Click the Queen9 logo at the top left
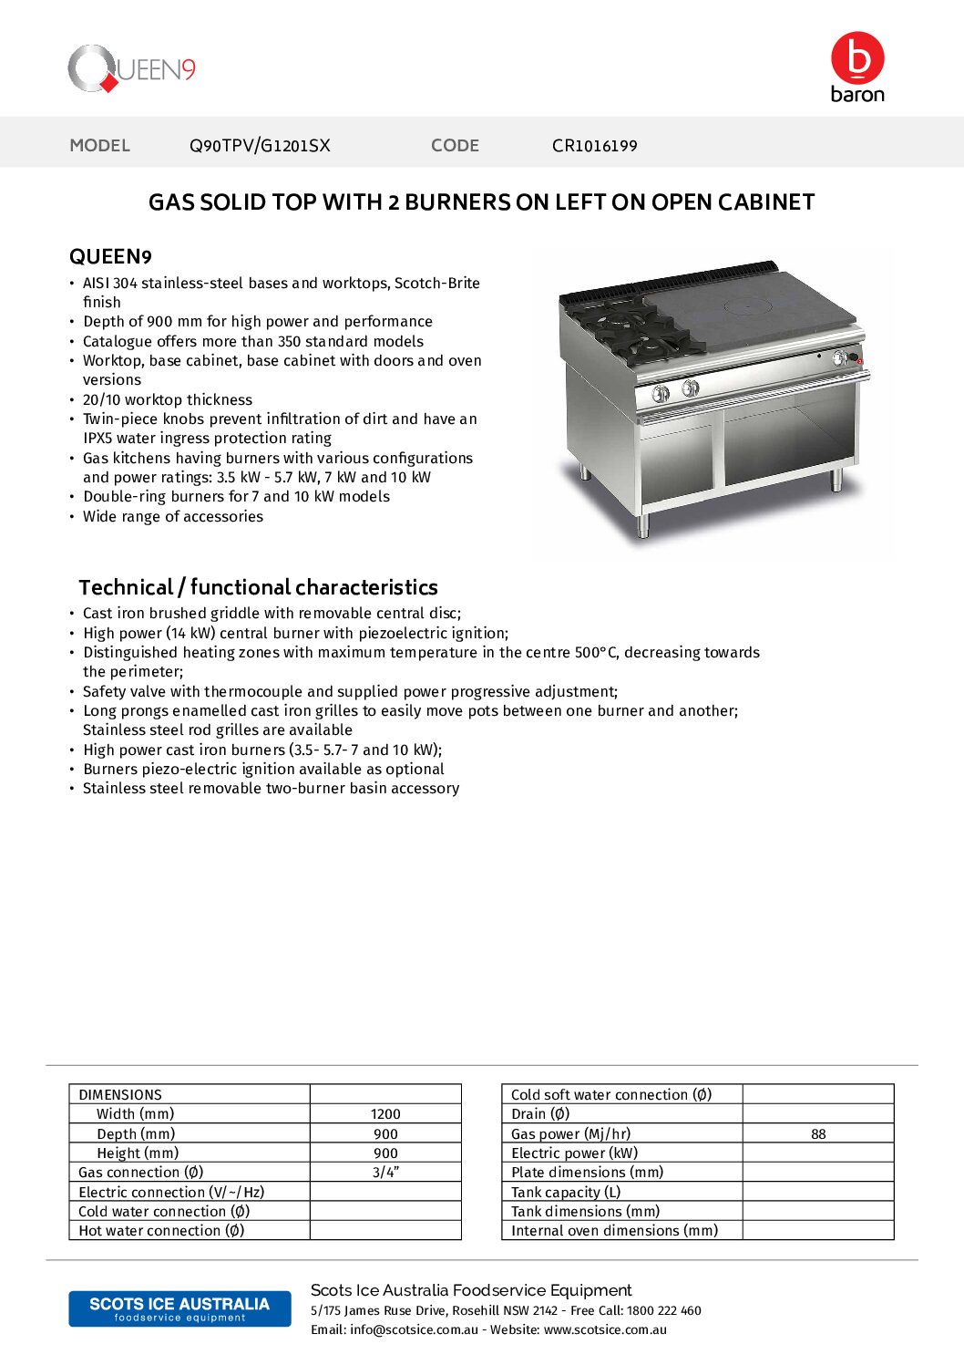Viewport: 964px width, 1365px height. point(131,68)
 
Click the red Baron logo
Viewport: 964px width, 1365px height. point(857,67)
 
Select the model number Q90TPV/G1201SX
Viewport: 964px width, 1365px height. point(260,146)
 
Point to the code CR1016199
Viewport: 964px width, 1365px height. point(594,146)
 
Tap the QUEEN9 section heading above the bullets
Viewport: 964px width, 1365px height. point(110,256)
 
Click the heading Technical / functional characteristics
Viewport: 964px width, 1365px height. point(258,587)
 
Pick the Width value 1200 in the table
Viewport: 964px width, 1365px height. point(385,1114)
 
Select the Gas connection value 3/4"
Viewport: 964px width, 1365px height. point(385,1173)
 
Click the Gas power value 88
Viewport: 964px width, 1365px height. point(818,1134)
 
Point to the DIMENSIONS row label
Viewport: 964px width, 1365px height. point(120,1095)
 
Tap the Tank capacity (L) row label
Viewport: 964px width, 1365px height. point(566,1193)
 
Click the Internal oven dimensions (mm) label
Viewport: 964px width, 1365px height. point(614,1231)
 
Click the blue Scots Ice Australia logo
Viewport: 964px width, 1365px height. point(179,1308)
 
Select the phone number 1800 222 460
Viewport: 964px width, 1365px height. point(664,1311)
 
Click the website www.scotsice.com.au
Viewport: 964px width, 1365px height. point(605,1330)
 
